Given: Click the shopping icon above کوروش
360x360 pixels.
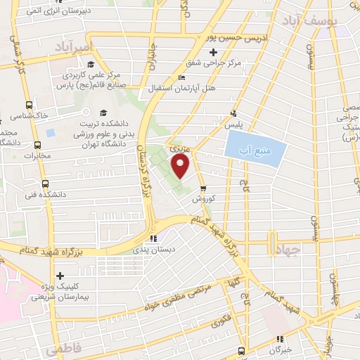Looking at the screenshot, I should [x=203, y=188].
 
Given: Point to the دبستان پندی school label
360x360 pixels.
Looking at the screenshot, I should [x=153, y=249].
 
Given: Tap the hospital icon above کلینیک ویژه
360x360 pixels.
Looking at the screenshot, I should [x=60, y=276].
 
